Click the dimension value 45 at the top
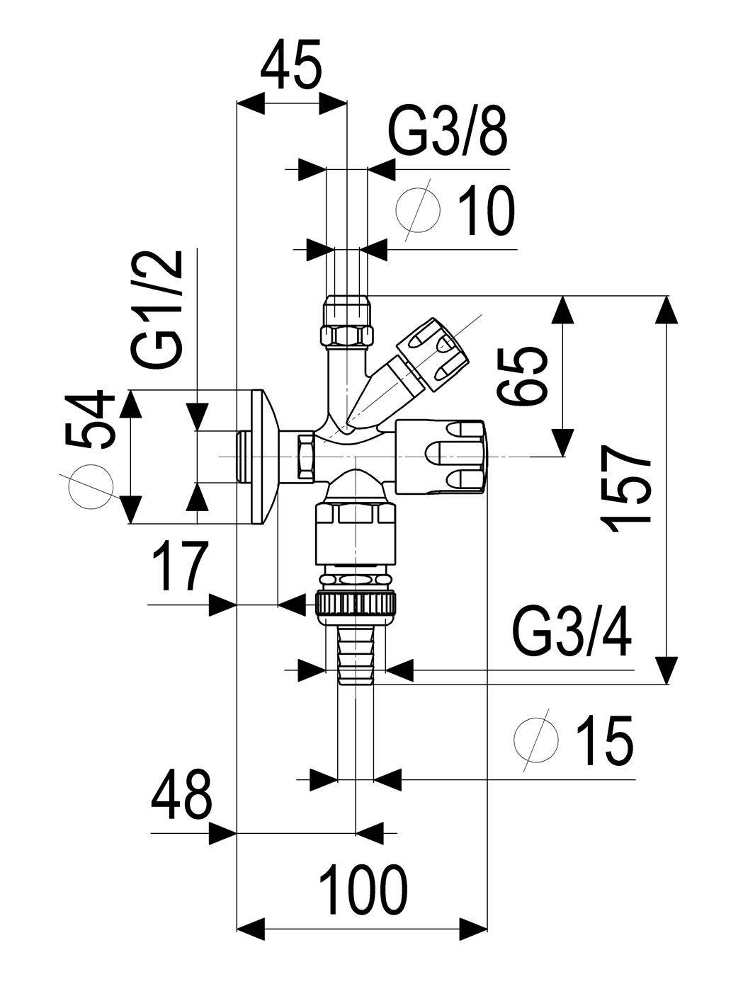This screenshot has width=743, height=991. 291,64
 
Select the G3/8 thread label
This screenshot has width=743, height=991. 448,132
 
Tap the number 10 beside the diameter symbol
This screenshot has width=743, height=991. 486,210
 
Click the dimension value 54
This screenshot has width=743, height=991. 90,420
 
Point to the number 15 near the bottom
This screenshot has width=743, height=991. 604,740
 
